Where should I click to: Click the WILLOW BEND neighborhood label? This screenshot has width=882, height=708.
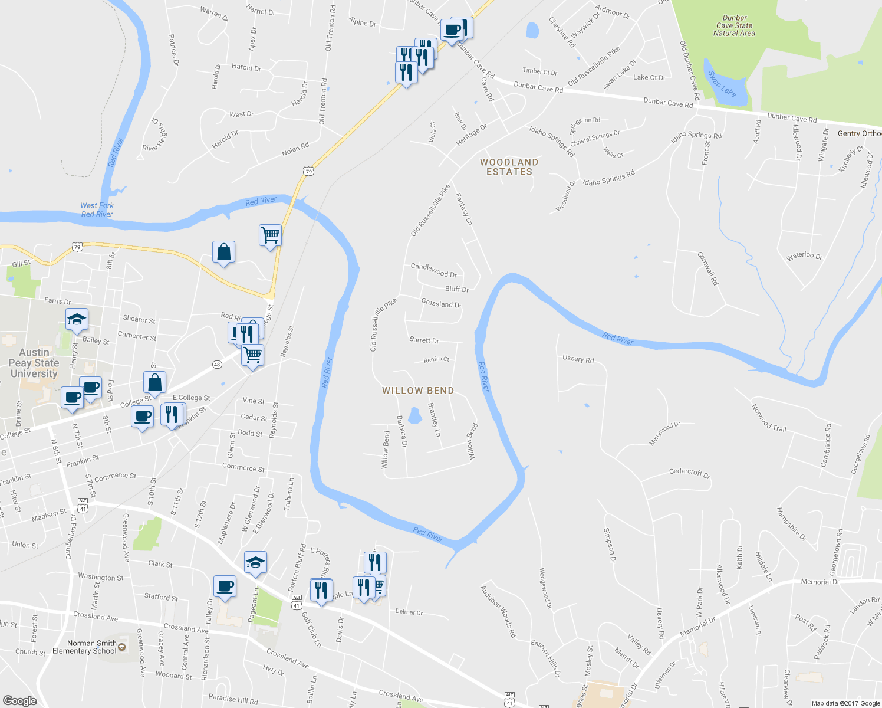(x=418, y=391)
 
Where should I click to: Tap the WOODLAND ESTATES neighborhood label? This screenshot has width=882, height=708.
(x=509, y=167)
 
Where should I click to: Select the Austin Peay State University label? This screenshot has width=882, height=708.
(x=34, y=363)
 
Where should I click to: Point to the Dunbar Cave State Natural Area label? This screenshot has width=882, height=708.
(x=734, y=26)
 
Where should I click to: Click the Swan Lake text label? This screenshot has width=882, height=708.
(x=722, y=84)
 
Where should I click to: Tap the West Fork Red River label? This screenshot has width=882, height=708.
(x=97, y=210)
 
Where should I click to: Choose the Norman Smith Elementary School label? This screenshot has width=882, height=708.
(x=84, y=647)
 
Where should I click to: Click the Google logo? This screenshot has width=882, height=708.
(x=19, y=701)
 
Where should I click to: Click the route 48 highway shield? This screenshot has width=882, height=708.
(x=217, y=365)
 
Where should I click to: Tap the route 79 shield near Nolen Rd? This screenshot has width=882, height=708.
(x=308, y=172)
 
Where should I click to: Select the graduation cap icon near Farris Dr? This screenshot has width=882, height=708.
(x=77, y=320)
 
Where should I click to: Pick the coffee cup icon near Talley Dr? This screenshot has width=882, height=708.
(x=225, y=586)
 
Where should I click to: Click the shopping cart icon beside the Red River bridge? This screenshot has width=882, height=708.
(x=270, y=235)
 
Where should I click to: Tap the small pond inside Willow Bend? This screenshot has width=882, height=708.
(x=415, y=416)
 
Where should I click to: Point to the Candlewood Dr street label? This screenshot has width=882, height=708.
(x=434, y=270)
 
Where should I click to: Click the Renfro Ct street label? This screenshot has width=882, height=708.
(x=436, y=359)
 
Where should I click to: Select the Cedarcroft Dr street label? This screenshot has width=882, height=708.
(x=690, y=473)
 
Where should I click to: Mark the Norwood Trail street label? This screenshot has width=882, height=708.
(x=769, y=418)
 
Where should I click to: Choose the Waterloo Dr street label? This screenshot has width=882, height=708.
(x=804, y=255)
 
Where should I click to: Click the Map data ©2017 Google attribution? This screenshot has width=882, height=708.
(x=845, y=703)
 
